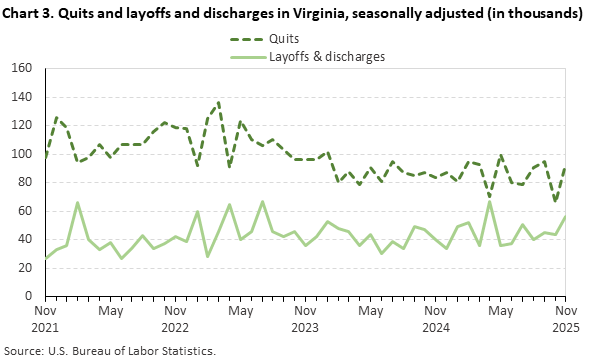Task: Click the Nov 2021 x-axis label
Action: click(x=45, y=320)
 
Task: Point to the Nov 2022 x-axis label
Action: click(x=175, y=320)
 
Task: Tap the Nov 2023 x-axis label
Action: click(x=306, y=320)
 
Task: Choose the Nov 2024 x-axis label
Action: click(x=436, y=320)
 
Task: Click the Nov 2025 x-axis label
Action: click(x=567, y=320)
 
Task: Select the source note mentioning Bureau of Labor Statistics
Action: click(x=110, y=351)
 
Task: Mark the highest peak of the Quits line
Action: click(x=219, y=102)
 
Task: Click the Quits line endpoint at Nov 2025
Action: click(x=567, y=168)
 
